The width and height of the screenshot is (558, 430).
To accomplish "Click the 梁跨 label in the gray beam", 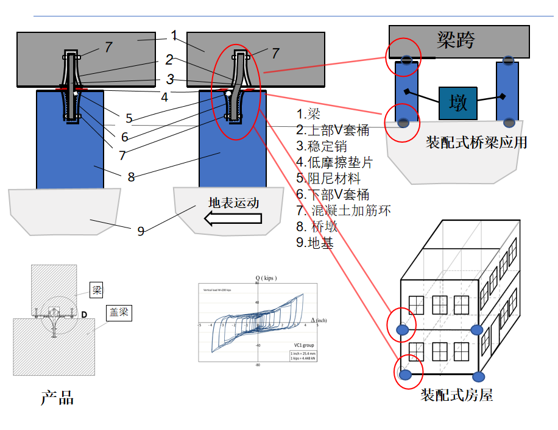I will click(456, 40).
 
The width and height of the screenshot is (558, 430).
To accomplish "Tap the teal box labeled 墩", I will click(457, 102).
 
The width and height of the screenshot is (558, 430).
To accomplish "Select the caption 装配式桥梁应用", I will click(476, 143).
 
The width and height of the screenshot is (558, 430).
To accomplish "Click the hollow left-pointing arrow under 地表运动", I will click(232, 218).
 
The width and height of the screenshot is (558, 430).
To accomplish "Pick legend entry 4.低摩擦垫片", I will click(334, 163).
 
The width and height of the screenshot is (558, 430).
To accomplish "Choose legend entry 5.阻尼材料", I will click(328, 179).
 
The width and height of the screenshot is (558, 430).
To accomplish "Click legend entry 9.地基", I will click(316, 242).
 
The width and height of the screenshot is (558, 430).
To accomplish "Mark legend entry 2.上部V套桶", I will click(333, 131).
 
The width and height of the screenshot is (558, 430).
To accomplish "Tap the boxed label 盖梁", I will click(119, 312).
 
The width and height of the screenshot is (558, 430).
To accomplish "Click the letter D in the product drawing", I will click(84, 314).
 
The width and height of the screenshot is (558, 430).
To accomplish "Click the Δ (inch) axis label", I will click(319, 320).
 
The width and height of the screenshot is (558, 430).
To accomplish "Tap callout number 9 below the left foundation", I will click(141, 231).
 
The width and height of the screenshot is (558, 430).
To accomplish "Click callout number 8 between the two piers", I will click(131, 177).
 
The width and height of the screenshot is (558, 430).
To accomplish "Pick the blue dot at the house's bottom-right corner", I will click(479, 376).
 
